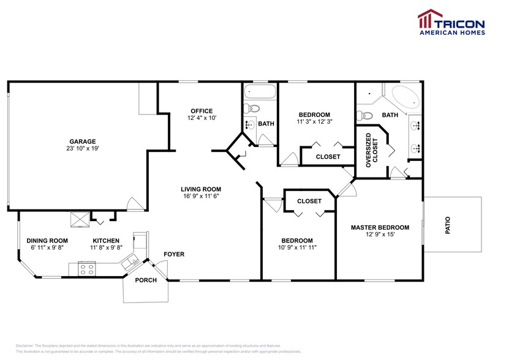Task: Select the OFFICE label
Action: (x=202, y=111)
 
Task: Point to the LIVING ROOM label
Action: (x=200, y=189)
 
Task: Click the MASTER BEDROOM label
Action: (x=380, y=228)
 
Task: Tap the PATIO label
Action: (x=447, y=225)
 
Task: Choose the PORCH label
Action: (x=146, y=280)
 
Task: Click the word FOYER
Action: (x=173, y=253)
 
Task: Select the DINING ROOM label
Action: (x=47, y=241)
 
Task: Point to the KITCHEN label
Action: (x=106, y=241)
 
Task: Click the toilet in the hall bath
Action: (x=252, y=110)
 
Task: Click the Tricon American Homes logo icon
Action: (x=427, y=20)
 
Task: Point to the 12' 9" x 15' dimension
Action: (x=380, y=235)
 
